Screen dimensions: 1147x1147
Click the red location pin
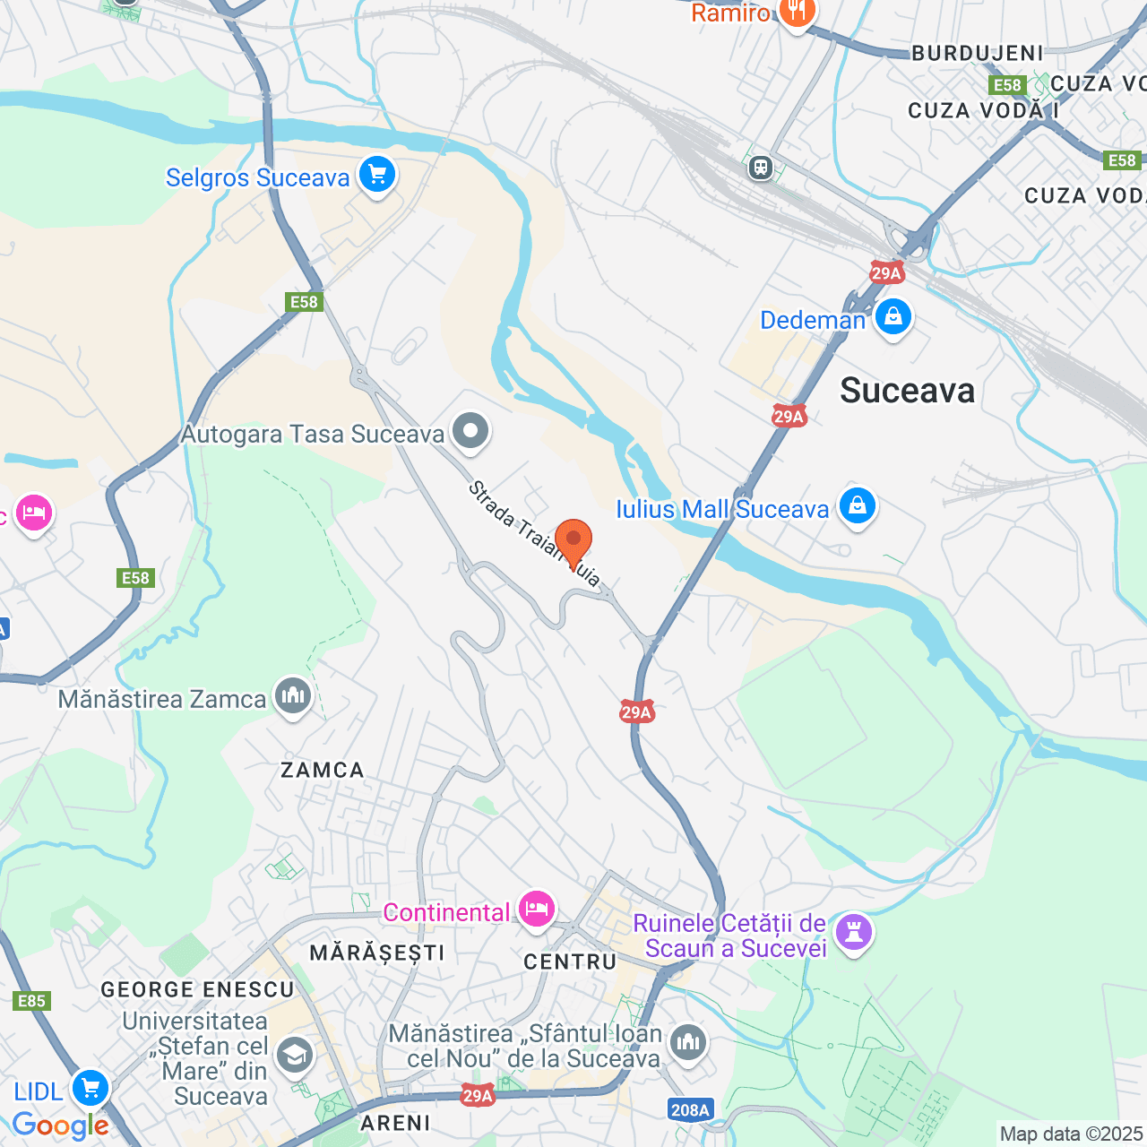573,540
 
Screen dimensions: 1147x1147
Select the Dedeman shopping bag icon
893,317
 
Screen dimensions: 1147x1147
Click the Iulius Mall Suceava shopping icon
857,505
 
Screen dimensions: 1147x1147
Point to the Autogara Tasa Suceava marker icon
470,432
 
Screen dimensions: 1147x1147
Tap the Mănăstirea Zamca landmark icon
292,696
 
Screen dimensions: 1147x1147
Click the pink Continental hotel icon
536,910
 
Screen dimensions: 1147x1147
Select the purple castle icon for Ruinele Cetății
853,933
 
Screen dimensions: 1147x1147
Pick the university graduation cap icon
294,1056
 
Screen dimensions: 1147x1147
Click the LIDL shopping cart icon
90,1089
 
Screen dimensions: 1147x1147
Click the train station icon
761,167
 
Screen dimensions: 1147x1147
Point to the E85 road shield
32,1001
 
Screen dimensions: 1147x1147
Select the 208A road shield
690,1110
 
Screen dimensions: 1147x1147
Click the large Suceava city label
907,391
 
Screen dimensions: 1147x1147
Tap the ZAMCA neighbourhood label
323,770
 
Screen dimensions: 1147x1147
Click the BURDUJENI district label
978,53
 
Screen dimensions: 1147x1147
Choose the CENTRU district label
570,962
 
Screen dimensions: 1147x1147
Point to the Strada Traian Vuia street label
534,534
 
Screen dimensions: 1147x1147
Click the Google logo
60,1125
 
